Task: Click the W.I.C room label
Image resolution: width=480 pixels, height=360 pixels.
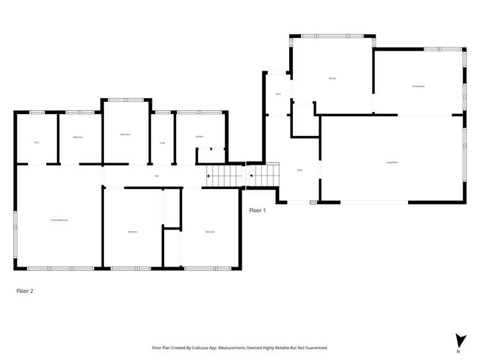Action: point(37,142)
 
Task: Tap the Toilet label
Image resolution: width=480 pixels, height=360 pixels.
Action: point(162,142)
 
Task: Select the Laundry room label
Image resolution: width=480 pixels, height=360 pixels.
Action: point(199,136)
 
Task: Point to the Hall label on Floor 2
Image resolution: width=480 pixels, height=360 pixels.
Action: point(157,176)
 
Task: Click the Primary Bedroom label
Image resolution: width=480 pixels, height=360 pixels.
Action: point(59,220)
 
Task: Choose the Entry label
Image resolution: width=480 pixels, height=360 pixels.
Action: point(278,94)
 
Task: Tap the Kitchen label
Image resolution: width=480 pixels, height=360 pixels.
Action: point(332,78)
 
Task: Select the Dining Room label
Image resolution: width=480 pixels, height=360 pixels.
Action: point(418,86)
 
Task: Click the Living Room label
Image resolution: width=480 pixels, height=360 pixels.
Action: point(392,163)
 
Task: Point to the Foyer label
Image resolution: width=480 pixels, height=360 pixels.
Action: point(299,170)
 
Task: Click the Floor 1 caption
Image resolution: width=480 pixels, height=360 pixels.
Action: point(257,210)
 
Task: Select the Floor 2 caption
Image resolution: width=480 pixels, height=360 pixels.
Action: point(24,290)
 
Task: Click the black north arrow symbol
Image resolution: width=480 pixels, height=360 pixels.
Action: point(460,340)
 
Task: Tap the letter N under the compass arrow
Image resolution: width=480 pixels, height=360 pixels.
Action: point(458,352)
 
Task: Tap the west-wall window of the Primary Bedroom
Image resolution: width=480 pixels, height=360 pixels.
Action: point(15,221)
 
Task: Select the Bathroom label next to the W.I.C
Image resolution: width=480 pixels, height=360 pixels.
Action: point(78,136)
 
